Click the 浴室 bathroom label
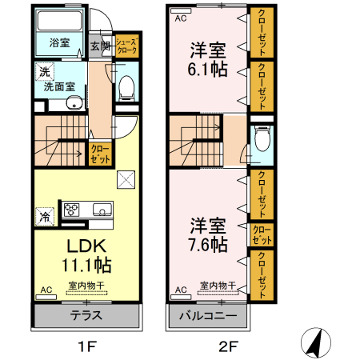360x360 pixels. click(x=60, y=42)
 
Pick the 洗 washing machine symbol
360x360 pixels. click(x=41, y=72)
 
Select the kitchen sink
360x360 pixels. click(x=102, y=210)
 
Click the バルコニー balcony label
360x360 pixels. click(x=207, y=315)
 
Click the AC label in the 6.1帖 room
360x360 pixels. click(x=181, y=18)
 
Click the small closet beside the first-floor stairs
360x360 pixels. click(x=100, y=152)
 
